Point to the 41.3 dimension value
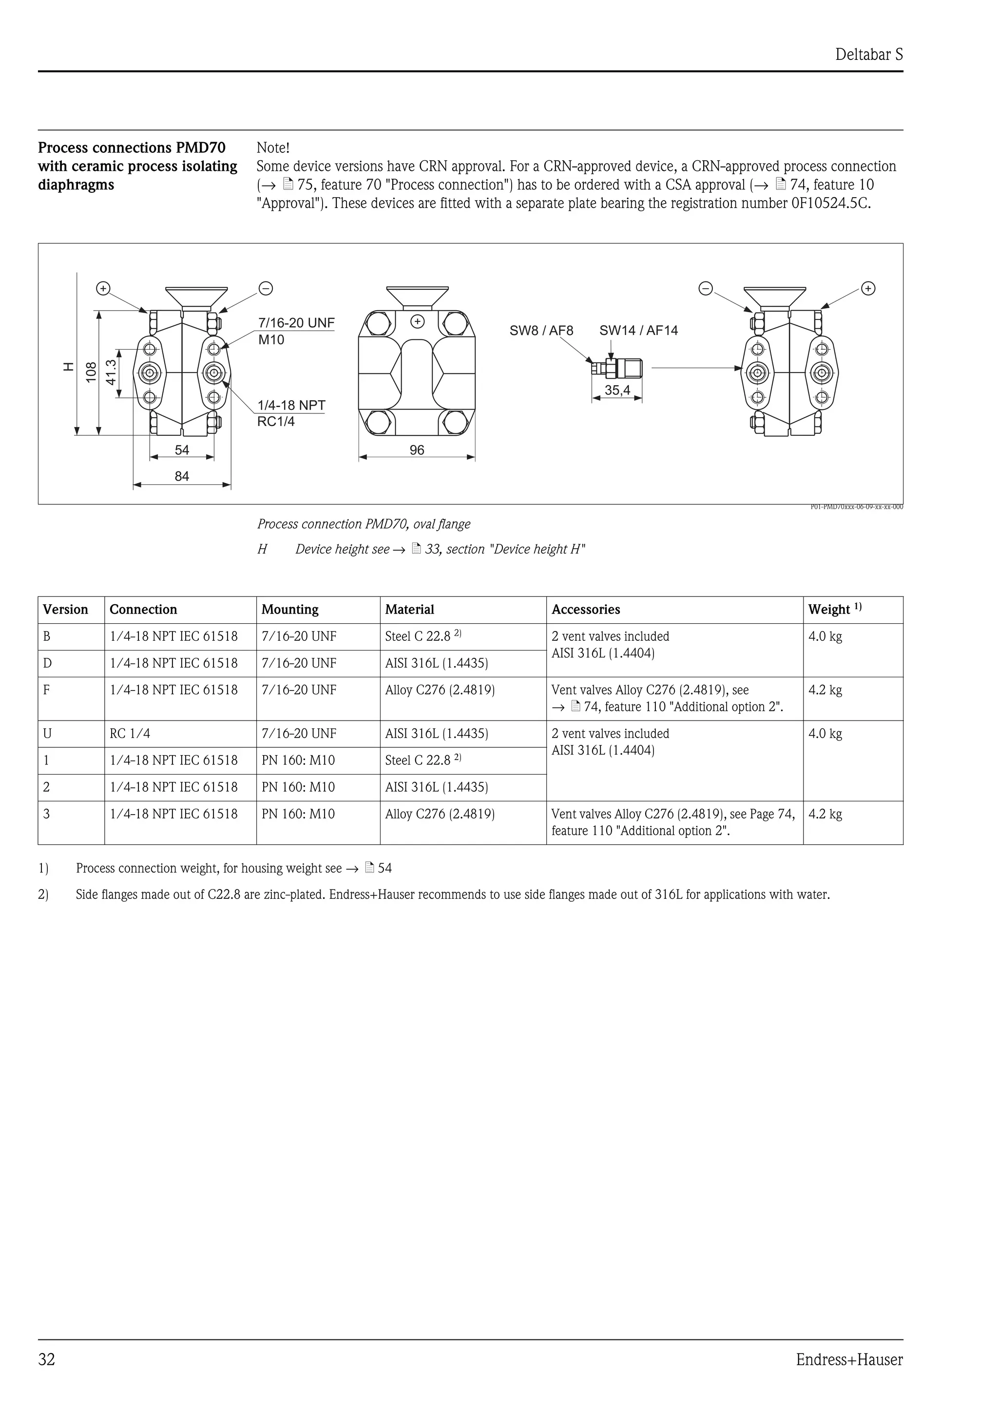[x=111, y=372]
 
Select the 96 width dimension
[x=417, y=450]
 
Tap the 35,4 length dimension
[x=617, y=390]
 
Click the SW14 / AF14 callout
[x=638, y=331]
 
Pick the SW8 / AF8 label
[x=541, y=331]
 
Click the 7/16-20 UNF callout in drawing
[x=296, y=323]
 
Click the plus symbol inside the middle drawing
[x=418, y=321]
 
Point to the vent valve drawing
[x=615, y=369]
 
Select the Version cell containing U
[x=47, y=734]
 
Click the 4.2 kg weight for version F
[x=825, y=690]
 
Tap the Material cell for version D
[x=436, y=664]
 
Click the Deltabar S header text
[x=868, y=55]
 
